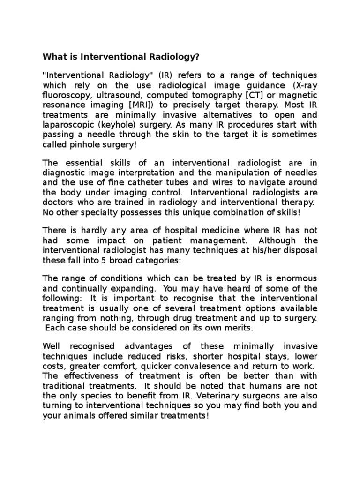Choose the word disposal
(300, 250)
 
